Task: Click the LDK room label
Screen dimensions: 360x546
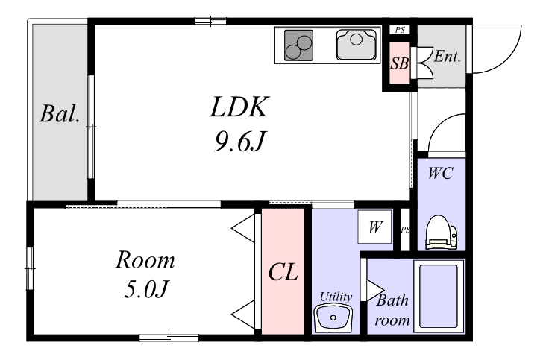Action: click(238, 109)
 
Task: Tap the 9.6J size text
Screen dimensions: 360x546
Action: click(238, 142)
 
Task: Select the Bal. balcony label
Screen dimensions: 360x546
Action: click(60, 116)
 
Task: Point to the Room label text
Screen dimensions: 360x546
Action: click(145, 261)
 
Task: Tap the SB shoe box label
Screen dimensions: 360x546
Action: click(400, 63)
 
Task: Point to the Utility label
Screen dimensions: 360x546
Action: click(335, 297)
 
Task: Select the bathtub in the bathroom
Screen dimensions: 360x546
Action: click(439, 296)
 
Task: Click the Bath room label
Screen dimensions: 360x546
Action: click(392, 311)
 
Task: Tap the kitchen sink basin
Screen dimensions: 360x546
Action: click(359, 45)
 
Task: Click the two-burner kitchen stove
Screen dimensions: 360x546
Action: click(298, 46)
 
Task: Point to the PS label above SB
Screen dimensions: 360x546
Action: click(399, 30)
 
